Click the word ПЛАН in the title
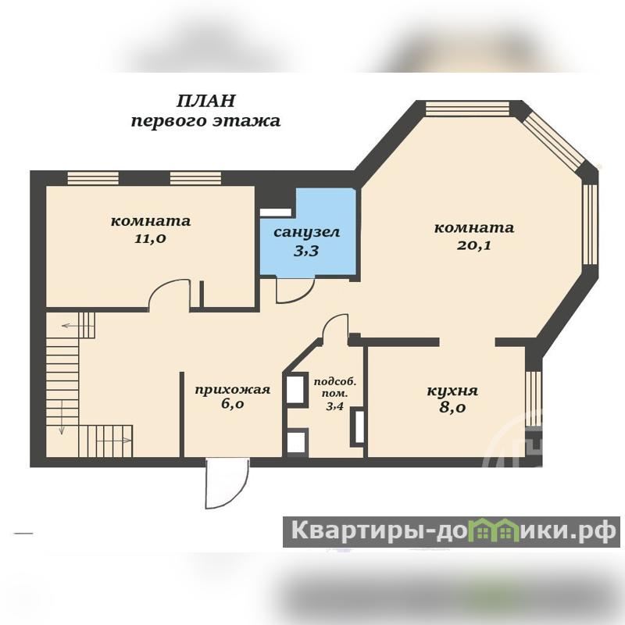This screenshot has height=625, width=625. pyautogui.click(x=205, y=101)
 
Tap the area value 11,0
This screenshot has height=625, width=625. pyautogui.click(x=150, y=239)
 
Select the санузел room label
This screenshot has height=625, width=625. pyautogui.click(x=306, y=232)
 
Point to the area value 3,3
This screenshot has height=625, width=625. pyautogui.click(x=306, y=251)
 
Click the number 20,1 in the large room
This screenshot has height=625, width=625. pyautogui.click(x=474, y=245)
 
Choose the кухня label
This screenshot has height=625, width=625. pyautogui.click(x=452, y=391)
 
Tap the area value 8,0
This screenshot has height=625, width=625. pyautogui.click(x=453, y=408)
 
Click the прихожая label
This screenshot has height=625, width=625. pyautogui.click(x=232, y=389)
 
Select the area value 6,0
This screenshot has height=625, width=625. pyautogui.click(x=232, y=404)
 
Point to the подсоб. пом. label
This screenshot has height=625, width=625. pyautogui.click(x=335, y=387)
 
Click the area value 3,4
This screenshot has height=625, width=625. pyautogui.click(x=335, y=407)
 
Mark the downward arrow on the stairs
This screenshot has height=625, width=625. pyautogui.click(x=62, y=417)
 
